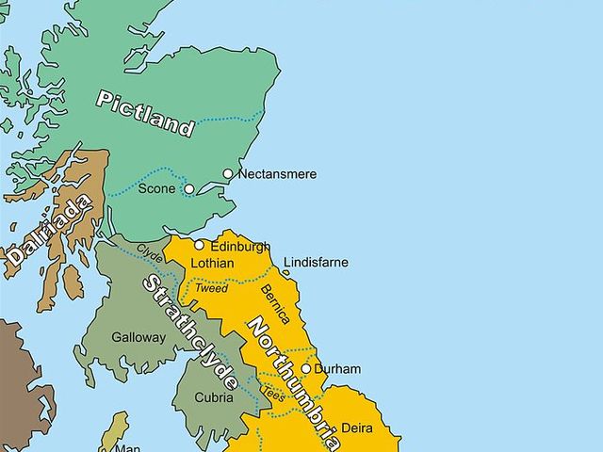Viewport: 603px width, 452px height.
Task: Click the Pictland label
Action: point(145,113)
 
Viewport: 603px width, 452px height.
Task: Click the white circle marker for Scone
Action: point(189,189)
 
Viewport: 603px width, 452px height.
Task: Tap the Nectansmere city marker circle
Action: point(228,174)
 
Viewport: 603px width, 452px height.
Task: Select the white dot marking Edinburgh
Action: point(199,246)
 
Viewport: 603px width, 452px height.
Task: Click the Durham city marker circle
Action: point(305,369)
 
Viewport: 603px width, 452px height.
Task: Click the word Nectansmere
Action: point(277,174)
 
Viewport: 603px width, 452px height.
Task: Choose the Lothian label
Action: point(212,264)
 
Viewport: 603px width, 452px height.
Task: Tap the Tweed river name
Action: point(211,288)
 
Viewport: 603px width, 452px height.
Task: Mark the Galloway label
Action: point(139,337)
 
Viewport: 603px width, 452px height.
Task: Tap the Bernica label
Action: point(275,303)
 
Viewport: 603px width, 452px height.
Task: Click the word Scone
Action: point(156,189)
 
